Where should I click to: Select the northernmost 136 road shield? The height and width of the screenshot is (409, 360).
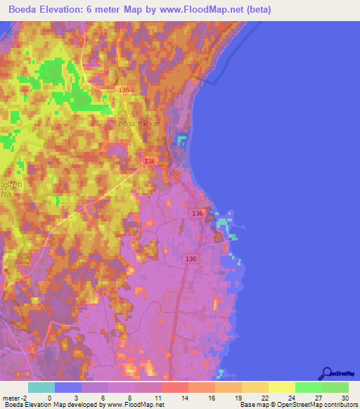point(124,91)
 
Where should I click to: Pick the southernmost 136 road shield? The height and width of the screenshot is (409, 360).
point(191,259)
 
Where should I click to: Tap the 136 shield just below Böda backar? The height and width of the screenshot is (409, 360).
point(150,162)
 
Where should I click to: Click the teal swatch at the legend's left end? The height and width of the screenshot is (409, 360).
point(41,387)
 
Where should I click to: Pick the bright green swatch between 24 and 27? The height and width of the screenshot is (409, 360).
point(307,387)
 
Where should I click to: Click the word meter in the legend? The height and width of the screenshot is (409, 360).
point(10,398)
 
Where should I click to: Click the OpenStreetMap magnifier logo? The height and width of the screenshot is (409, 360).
point(326,372)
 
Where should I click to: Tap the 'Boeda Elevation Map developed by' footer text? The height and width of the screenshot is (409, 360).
point(49,405)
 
